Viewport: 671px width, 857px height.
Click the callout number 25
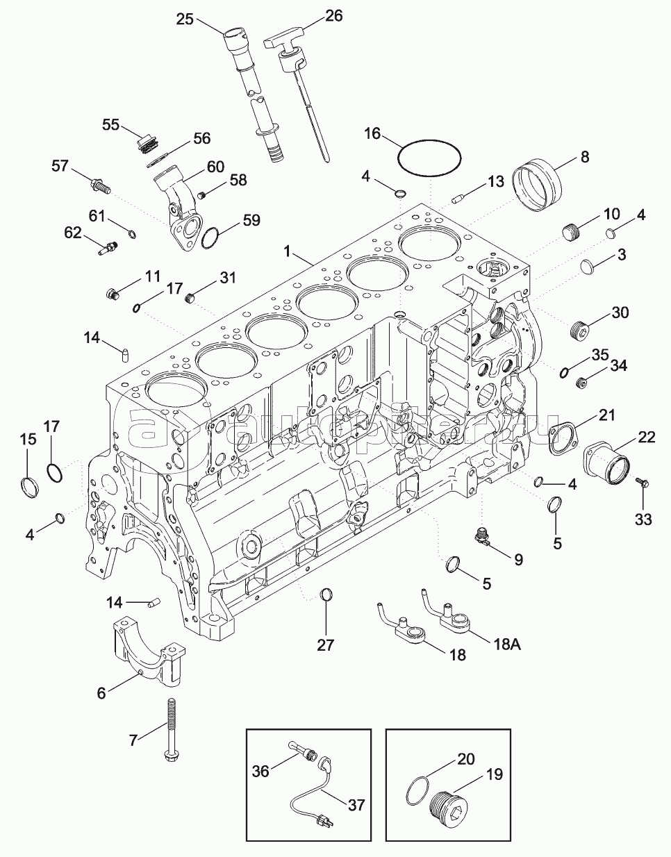click(x=185, y=19)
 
